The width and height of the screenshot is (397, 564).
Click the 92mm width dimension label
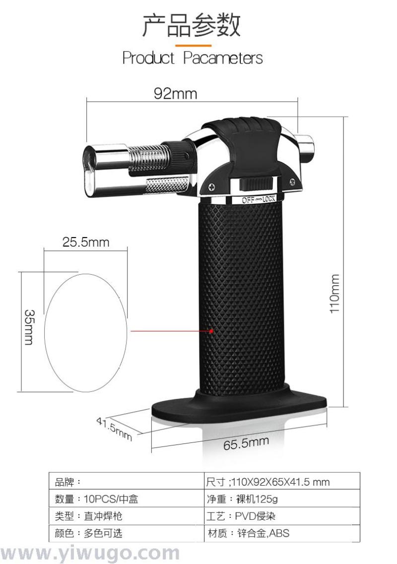click(175, 94)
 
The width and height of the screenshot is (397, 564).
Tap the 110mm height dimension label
click(335, 294)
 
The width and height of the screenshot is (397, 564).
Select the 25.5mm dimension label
click(86, 242)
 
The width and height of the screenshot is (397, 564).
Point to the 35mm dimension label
click(29, 327)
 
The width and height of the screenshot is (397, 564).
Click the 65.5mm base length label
click(246, 443)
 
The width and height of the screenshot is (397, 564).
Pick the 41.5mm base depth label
click(114, 429)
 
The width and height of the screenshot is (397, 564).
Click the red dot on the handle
click(211, 331)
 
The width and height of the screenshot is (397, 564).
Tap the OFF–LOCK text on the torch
click(259, 199)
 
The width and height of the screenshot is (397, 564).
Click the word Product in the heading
click(148, 58)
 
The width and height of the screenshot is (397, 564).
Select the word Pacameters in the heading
click(223, 58)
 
